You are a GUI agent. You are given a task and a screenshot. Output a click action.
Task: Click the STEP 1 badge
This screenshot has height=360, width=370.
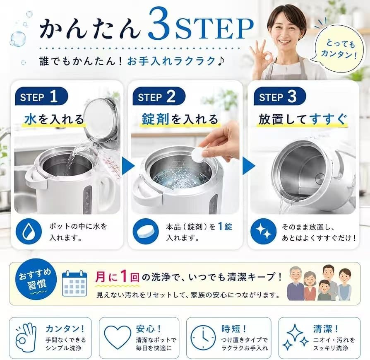point(41,96)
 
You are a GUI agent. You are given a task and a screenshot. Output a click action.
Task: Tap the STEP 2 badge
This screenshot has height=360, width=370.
point(159,96)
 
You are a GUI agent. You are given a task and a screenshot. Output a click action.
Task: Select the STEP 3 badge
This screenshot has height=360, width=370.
point(280,96)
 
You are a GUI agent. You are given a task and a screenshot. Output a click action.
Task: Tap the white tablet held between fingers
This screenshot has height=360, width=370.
point(198,155)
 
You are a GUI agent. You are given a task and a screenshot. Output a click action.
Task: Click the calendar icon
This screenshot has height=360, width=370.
point(74,283)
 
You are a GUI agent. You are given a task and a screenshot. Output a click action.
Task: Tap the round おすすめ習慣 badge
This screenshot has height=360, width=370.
point(36,282)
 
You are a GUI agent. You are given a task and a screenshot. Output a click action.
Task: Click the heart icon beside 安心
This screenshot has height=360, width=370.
point(117,337)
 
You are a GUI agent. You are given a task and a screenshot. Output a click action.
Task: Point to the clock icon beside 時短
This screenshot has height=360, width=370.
point(203,338)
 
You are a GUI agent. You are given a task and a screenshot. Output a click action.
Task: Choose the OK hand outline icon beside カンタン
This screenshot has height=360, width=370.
point(26,337)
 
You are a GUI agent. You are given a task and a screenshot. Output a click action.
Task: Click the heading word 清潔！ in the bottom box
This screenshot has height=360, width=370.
point(326,329)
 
